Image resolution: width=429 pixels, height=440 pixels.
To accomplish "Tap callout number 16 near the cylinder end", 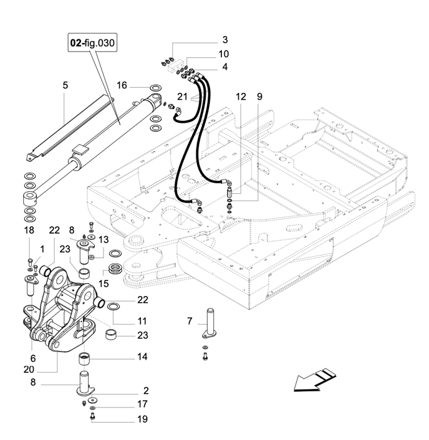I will coord(122,85).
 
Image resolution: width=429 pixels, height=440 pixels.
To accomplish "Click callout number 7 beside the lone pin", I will coord(190,321).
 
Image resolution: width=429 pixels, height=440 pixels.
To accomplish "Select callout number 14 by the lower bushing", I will coord(143,357).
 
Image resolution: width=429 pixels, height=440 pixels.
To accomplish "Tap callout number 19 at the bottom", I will coord(143,419).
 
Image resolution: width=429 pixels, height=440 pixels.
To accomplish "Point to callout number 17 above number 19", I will coord(143,404).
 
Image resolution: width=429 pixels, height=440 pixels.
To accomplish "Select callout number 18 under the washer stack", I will coord(29,231).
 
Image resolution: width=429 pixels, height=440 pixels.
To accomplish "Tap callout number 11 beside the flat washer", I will coord(143,322).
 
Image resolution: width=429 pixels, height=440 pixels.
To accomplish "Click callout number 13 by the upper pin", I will coord(104,239).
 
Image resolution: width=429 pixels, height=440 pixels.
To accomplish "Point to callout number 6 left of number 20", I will coord(33,358).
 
